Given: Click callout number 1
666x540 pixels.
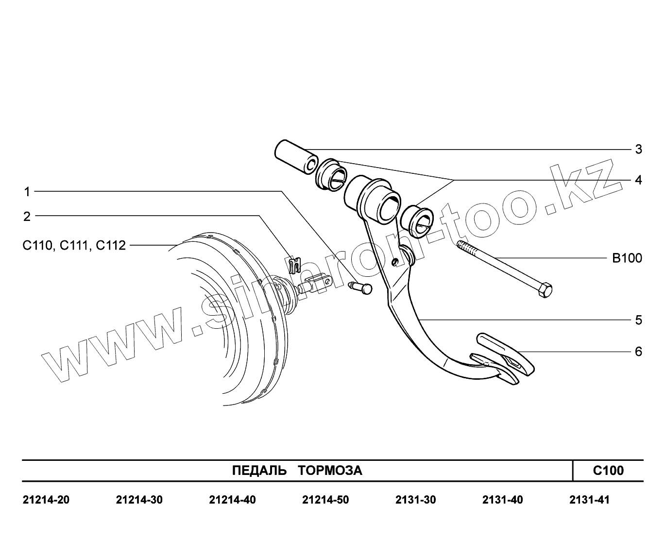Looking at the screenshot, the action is [28, 192].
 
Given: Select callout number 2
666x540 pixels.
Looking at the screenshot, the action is [27, 216].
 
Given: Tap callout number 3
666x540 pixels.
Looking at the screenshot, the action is [639, 149].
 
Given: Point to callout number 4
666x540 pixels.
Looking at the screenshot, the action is [639, 180].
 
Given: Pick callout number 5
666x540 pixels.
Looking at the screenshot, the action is [639, 320].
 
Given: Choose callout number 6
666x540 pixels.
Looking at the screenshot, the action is [639, 351].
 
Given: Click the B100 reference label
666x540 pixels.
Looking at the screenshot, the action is [627, 258].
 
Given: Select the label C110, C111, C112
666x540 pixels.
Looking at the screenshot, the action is [74, 245].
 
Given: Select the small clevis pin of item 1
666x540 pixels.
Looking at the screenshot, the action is [361, 287].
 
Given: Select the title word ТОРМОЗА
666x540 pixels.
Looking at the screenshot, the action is [330, 471].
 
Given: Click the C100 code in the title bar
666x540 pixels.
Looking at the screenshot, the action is [608, 471].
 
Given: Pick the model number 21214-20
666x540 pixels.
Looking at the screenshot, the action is [46, 500].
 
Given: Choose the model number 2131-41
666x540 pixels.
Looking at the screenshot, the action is [589, 500].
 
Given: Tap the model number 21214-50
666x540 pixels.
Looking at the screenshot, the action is [325, 500].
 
